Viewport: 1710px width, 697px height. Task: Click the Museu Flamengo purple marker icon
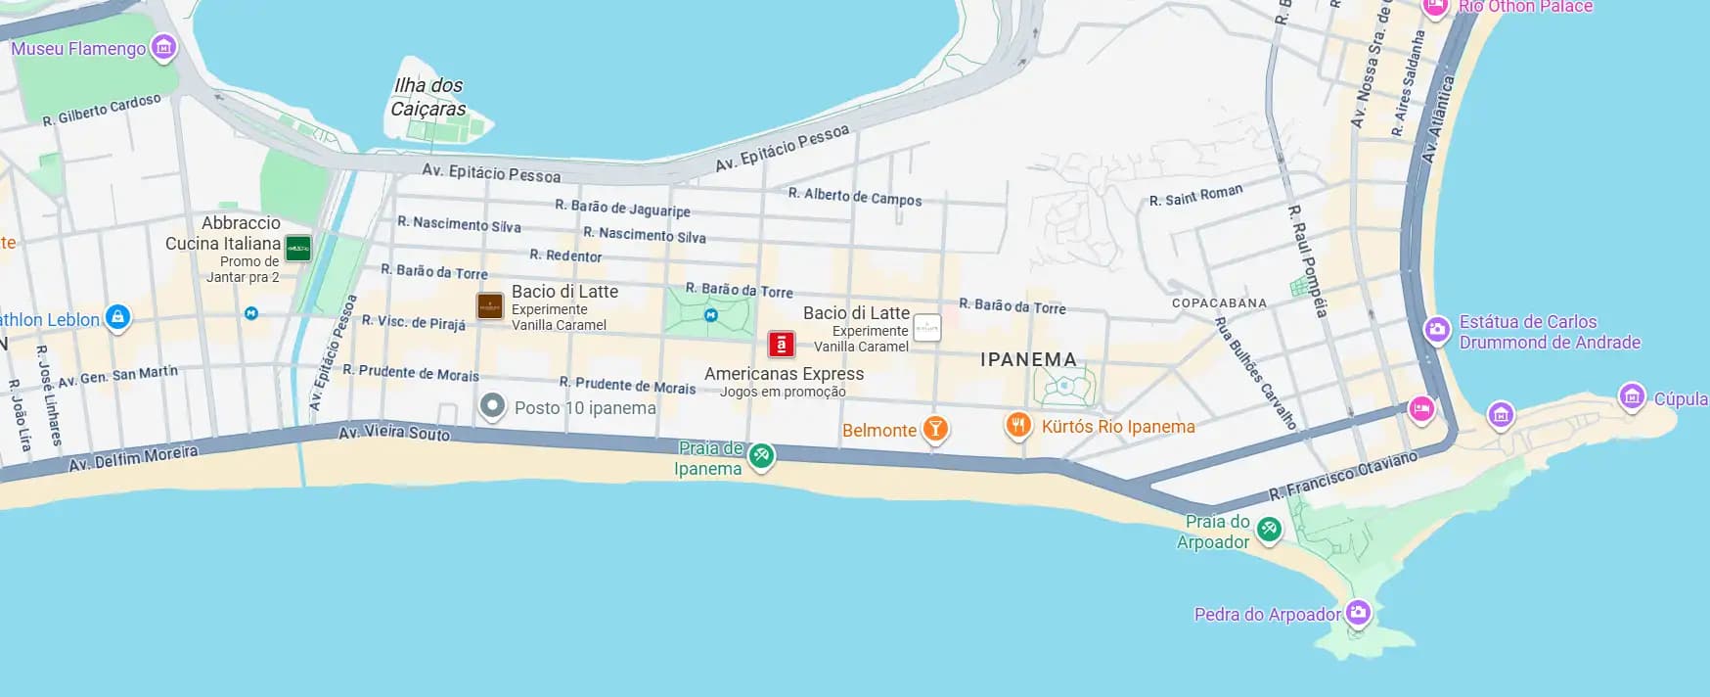[164, 47]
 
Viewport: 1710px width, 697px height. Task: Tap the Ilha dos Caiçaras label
[428, 97]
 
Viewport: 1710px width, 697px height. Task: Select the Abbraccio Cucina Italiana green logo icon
[298, 249]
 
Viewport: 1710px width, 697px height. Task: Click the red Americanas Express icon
[781, 345]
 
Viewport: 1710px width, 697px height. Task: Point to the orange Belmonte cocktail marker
[935, 429]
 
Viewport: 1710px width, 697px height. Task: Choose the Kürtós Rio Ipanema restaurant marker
[1018, 425]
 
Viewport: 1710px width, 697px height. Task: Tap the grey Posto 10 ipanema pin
[492, 405]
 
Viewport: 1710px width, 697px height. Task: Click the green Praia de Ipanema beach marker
[761, 454]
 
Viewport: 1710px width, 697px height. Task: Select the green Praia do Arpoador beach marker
[1269, 530]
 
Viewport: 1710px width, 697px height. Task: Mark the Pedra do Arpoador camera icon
[1358, 613]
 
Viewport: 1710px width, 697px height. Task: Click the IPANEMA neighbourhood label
[1028, 360]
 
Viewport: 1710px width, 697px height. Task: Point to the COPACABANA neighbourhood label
[1219, 303]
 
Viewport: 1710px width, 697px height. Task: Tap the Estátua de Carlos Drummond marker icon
[1436, 329]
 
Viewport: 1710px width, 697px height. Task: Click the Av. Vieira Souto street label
[394, 433]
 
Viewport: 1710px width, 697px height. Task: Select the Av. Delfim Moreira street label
[133, 458]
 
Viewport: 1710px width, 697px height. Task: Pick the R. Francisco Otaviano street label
[1342, 476]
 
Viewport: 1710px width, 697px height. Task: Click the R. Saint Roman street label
[1195, 196]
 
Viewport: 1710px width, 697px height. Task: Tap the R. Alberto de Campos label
[855, 197]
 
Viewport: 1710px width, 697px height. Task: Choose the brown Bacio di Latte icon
[490, 306]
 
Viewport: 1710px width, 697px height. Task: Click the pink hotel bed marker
[1421, 408]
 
